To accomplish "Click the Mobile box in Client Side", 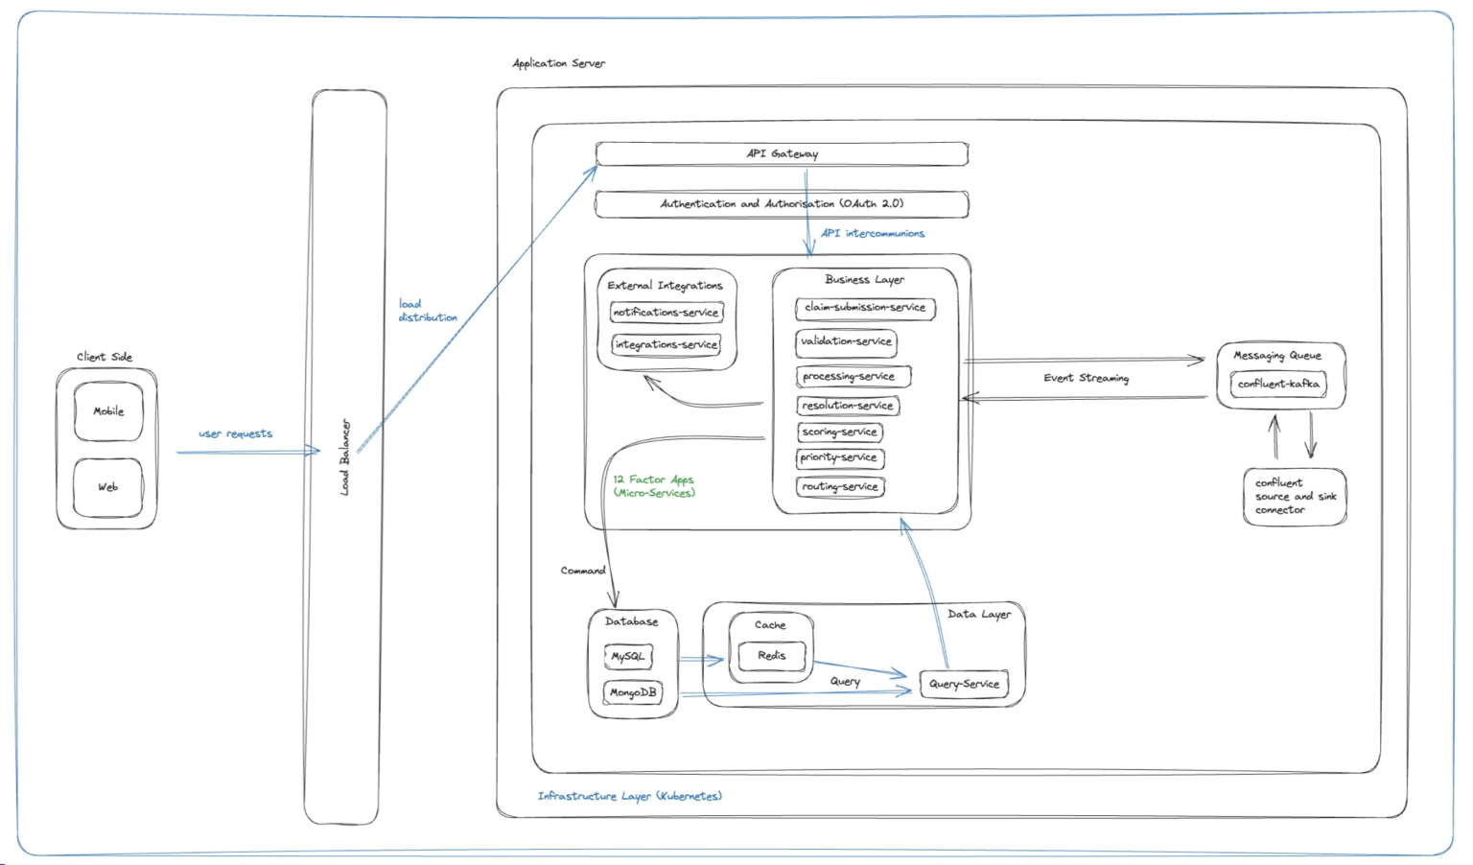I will tap(108, 411).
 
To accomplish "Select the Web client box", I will tap(108, 487).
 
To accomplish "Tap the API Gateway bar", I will tap(782, 153).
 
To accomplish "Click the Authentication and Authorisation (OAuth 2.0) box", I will tap(782, 204).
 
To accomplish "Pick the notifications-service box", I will tap(666, 313).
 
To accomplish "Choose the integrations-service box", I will tap(666, 344).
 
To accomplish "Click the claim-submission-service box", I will tap(865, 308).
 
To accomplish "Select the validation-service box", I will tap(846, 341).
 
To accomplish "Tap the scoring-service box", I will tap(840, 432).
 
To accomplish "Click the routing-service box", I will tap(840, 487).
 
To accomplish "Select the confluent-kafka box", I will tap(1278, 384).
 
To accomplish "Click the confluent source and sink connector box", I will tap(1295, 497).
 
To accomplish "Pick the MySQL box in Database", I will tap(628, 657).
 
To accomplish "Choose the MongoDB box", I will tap(633, 692).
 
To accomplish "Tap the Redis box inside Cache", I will tap(772, 656).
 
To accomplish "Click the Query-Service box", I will tap(964, 684).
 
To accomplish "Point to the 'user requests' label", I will tap(236, 433).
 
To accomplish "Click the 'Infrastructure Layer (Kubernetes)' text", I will tap(630, 796).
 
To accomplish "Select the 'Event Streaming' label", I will tap(1086, 378).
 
